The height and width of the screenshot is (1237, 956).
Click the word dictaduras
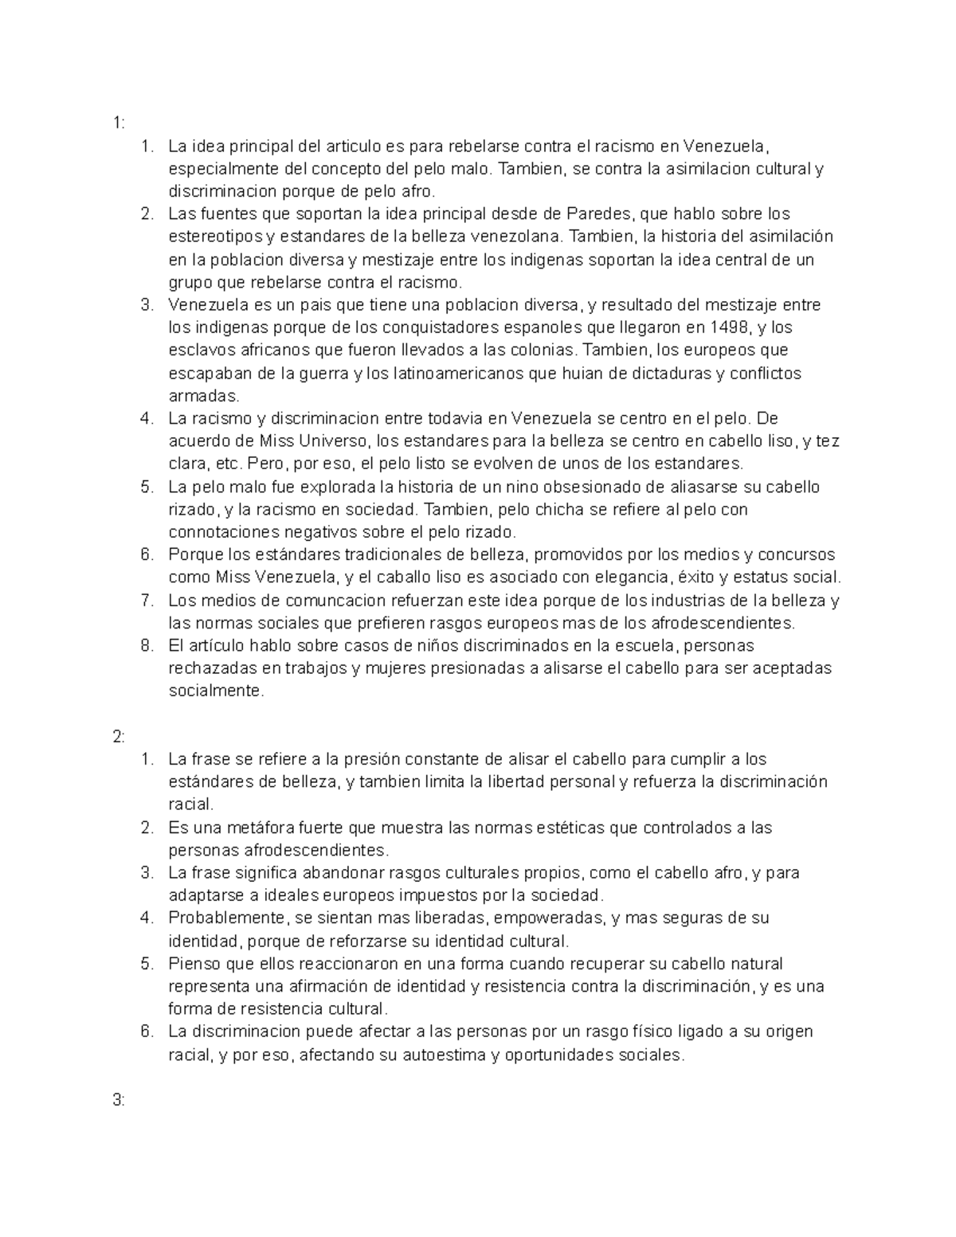672,374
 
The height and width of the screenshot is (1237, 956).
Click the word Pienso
192,964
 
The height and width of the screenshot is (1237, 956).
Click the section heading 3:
119,1101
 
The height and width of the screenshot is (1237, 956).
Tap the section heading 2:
119,737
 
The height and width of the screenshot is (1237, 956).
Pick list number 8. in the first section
147,645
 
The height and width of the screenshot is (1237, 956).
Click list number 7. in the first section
147,601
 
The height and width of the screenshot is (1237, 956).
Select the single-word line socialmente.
215,691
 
